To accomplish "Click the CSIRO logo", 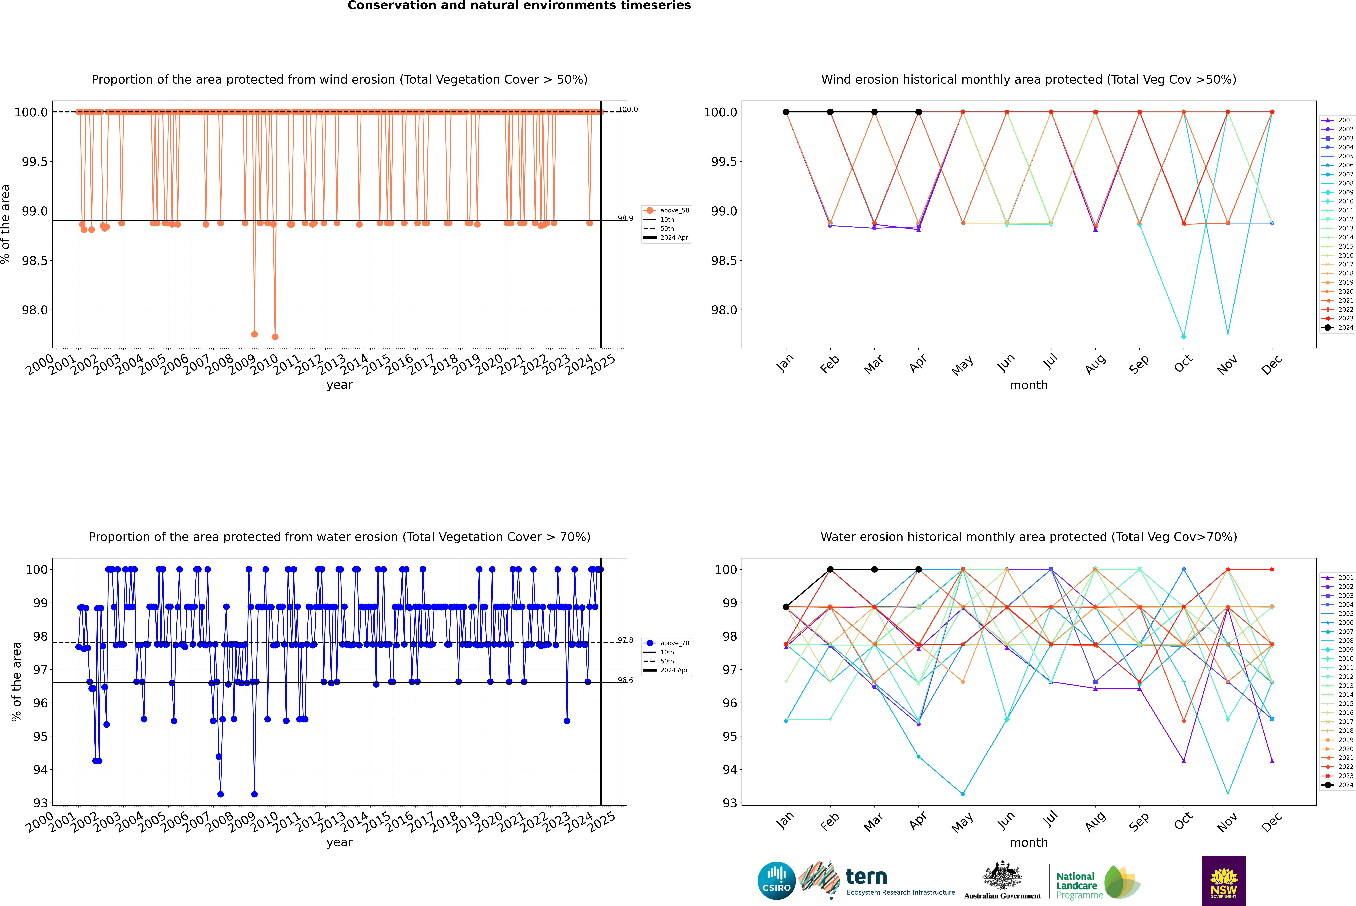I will [776, 881].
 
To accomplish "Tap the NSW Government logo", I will [1224, 881].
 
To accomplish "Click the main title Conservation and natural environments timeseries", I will [519, 6].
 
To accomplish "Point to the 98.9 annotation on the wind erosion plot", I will [625, 218].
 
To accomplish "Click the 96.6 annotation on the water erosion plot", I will [625, 680].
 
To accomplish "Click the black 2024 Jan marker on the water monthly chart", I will [786, 607].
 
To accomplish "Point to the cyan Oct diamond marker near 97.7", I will [1184, 336].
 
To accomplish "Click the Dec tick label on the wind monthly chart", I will [1272, 365].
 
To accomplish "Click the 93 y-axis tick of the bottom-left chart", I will [40, 803].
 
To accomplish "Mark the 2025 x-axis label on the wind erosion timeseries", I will [602, 365].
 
